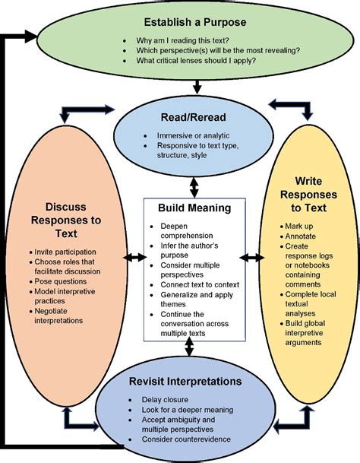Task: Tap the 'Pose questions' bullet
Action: (x=58, y=281)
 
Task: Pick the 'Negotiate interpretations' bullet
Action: (x=60, y=315)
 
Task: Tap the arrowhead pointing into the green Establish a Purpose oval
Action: (x=32, y=35)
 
